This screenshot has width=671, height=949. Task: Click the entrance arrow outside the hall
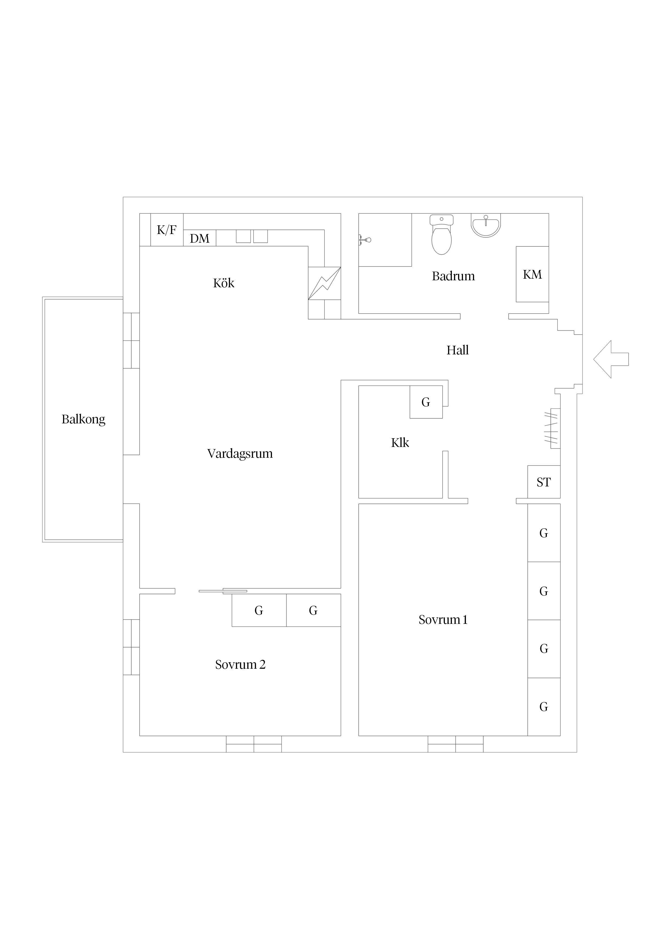(x=611, y=359)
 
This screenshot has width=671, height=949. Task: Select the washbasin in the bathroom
(x=486, y=226)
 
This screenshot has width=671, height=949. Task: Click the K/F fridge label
(x=167, y=230)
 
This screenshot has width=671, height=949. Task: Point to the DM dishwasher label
(x=200, y=239)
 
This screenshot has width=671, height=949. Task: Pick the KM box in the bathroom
(x=532, y=274)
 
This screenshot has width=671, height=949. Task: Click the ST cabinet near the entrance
(x=544, y=482)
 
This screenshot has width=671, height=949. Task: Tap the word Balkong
(x=84, y=420)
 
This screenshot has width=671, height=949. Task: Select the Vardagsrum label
(x=240, y=454)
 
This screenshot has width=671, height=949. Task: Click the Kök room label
(x=224, y=283)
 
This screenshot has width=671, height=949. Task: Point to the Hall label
(x=458, y=351)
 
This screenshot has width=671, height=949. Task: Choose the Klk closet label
(x=400, y=443)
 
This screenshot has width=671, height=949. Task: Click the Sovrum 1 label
(x=443, y=620)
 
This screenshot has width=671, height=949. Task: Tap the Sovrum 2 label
(x=240, y=665)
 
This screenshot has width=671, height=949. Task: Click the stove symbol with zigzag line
(x=325, y=283)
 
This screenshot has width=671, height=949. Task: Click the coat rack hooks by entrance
(x=551, y=428)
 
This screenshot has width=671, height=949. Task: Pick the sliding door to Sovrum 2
(x=223, y=591)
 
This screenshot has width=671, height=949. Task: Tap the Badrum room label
(x=453, y=276)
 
